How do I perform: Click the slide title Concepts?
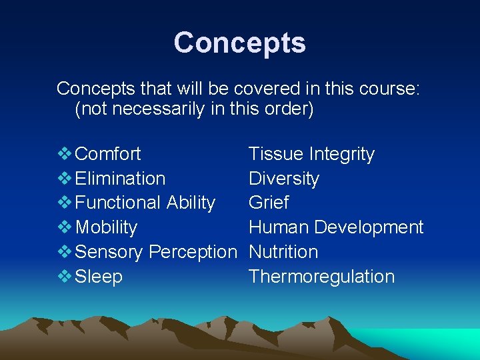coord(239,43)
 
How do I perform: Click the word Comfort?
coord(108,154)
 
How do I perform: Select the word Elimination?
coord(120,179)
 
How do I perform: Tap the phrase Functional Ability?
coord(145,203)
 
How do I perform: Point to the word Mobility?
coord(106,227)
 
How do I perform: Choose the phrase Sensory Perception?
coord(156,252)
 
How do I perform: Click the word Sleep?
coord(99,277)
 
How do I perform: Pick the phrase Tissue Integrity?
coord(311,154)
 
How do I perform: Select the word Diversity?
coord(283,179)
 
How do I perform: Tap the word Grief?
coord(269,203)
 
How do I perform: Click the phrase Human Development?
coord(336,227)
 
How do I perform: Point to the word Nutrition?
coord(283,252)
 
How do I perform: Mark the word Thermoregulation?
coord(321,277)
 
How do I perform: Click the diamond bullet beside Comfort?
coord(65,154)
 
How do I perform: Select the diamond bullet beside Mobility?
coord(65,227)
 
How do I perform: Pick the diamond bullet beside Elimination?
coord(65,179)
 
